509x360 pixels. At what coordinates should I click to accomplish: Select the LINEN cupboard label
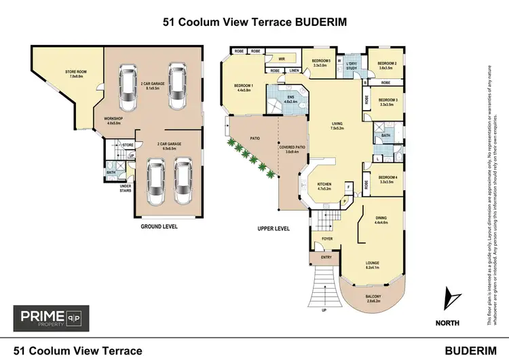293,71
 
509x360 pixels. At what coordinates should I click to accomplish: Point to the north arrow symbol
449,300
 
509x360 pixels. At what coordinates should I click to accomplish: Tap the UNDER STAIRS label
126,187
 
